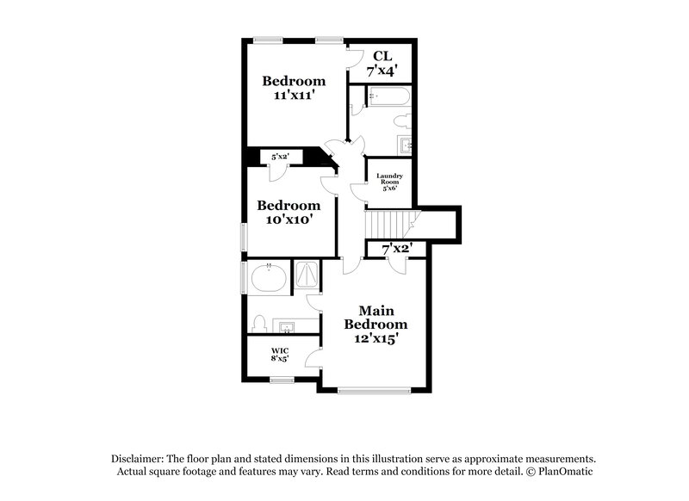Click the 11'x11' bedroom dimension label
294,97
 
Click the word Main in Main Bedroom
376,309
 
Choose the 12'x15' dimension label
376,338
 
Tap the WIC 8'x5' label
280,355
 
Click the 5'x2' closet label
281,157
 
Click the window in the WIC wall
282,380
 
